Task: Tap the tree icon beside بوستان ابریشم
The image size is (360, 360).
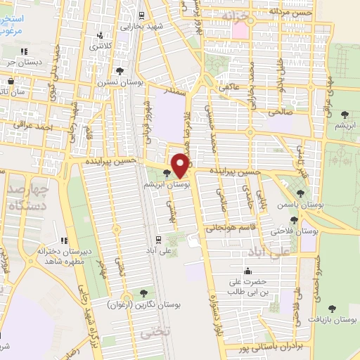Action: [167, 173]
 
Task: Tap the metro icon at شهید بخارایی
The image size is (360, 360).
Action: [141, 15]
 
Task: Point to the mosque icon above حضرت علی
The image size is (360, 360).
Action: [247, 271]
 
